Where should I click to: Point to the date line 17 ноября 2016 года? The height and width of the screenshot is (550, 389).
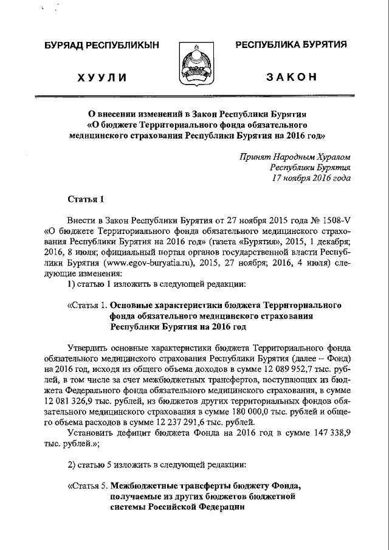(312, 178)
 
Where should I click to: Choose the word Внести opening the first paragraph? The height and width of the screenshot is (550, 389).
(83, 221)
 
